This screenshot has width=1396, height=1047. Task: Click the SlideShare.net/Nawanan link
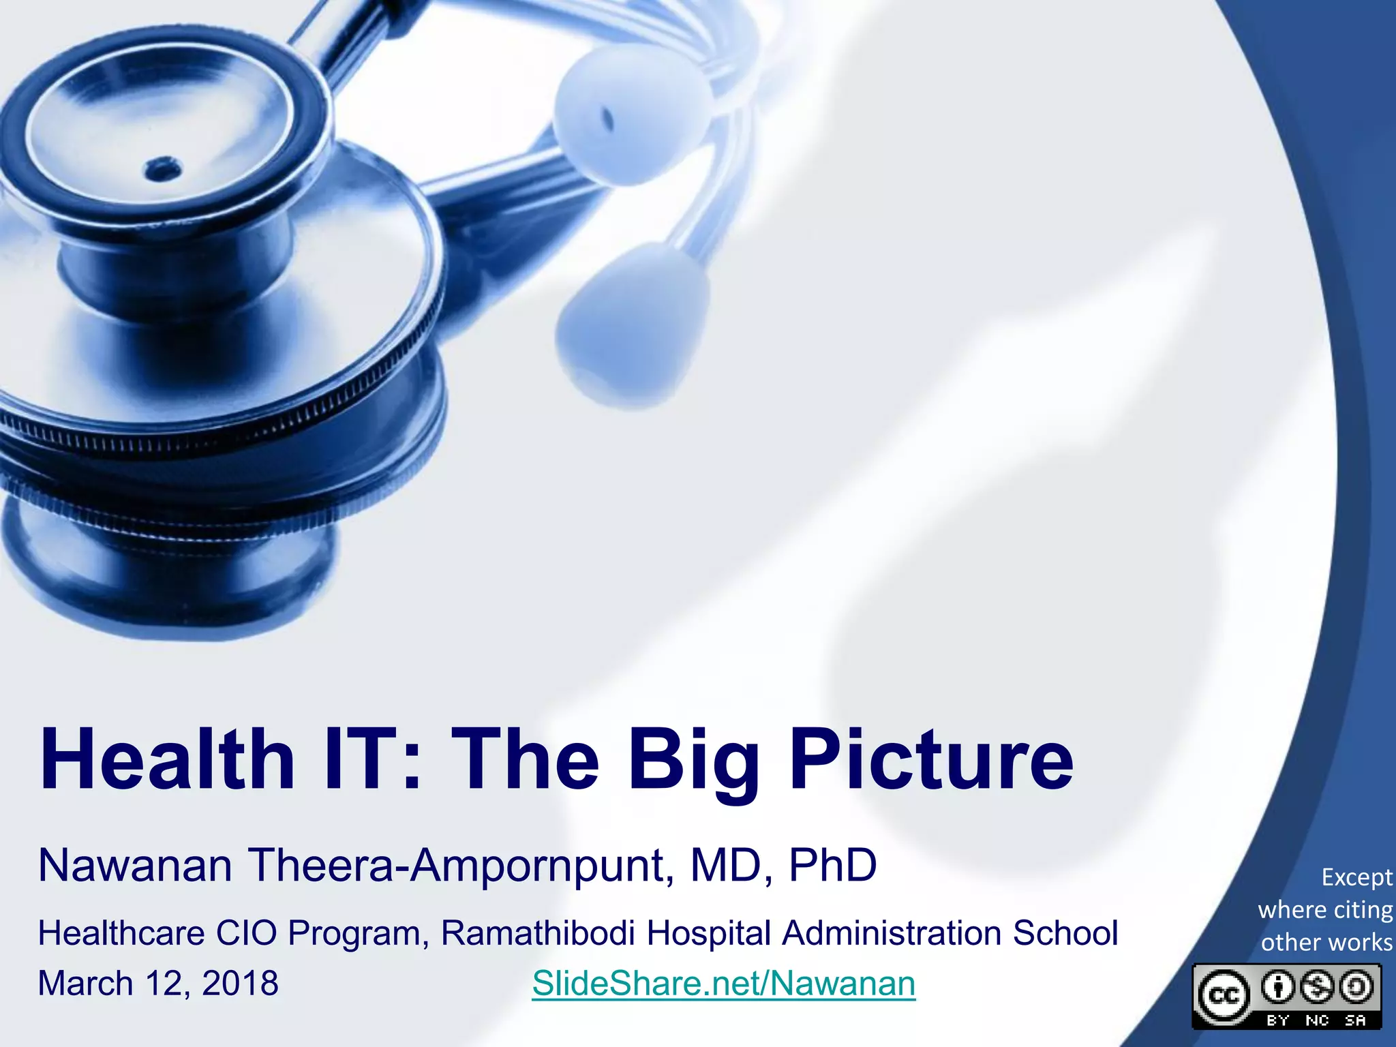723,983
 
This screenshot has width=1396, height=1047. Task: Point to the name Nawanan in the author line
135,866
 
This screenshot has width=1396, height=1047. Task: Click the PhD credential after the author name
832,866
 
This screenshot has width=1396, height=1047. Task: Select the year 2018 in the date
240,984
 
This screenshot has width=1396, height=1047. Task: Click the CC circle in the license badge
1224,997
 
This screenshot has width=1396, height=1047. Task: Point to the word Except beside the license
1356,877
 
